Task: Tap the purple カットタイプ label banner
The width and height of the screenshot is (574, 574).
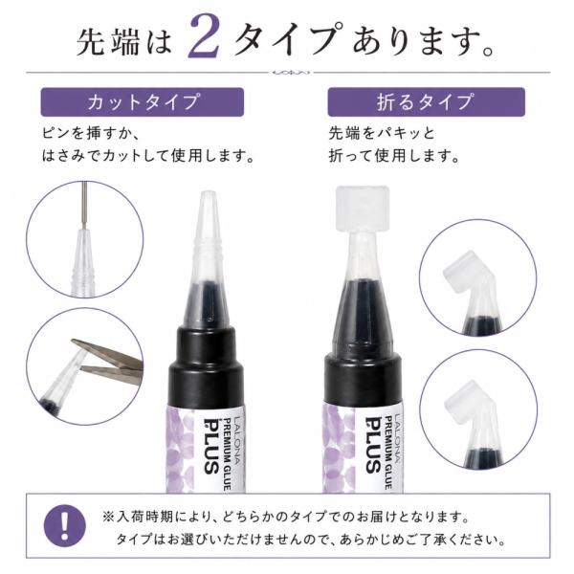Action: [x=142, y=101]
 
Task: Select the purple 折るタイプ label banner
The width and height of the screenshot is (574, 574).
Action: [x=426, y=101]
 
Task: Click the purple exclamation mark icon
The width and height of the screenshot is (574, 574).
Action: [x=65, y=525]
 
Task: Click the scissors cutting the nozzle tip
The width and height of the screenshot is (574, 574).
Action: [x=110, y=362]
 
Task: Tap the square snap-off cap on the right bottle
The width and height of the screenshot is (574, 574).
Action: [x=363, y=210]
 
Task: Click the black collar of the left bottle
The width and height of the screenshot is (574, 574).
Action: [x=206, y=366]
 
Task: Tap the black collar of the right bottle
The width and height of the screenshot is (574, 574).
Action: [x=363, y=377]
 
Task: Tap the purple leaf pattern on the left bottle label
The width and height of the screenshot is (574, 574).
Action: [x=180, y=451]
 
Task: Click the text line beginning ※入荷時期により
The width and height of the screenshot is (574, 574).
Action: [x=286, y=518]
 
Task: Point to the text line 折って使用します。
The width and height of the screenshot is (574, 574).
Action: [x=394, y=156]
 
